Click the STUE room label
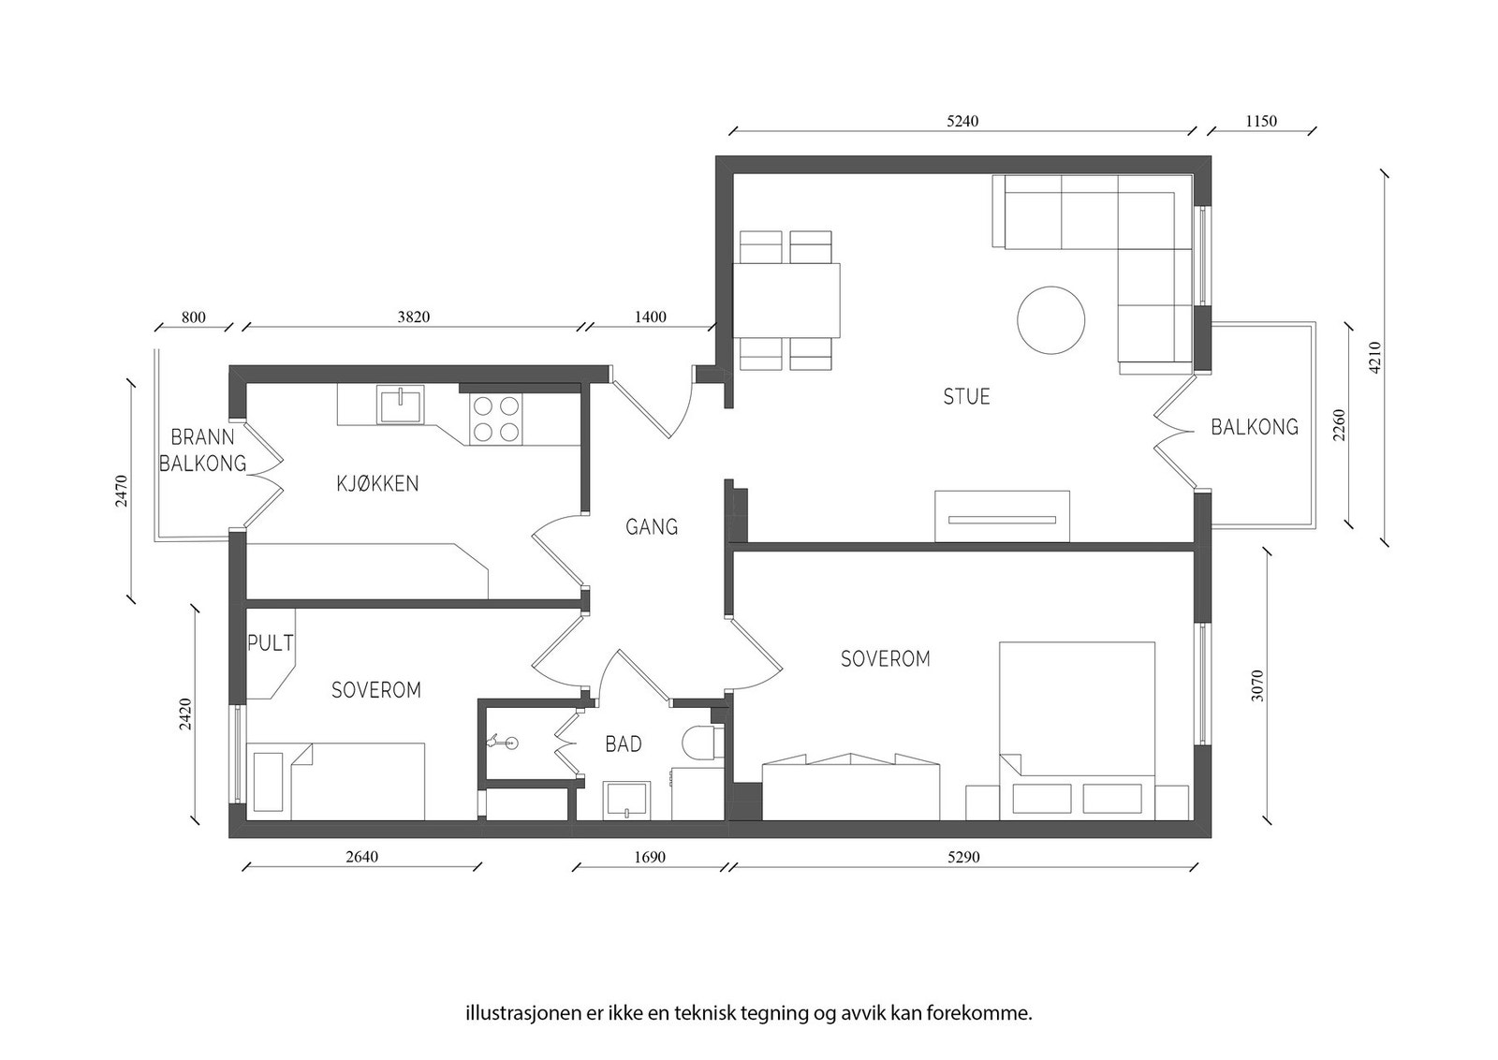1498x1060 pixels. pos(966,397)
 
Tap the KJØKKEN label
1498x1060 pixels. pos(377,483)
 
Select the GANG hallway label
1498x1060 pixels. pos(652,527)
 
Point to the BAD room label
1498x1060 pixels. pos(624,743)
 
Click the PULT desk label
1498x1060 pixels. pos(271,642)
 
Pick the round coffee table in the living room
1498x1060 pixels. pos(1050,320)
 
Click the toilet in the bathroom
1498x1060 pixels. pos(703,743)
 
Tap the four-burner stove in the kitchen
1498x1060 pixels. pos(496,420)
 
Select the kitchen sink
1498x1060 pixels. pos(399,405)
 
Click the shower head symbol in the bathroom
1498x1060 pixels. pos(502,741)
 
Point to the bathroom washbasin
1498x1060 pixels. pos(626,799)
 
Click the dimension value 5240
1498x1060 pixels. pos(962,121)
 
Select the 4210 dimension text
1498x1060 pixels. pos(1375,357)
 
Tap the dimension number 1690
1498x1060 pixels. pos(650,857)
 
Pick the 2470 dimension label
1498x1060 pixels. pos(121,491)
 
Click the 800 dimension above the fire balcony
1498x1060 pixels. pos(193,317)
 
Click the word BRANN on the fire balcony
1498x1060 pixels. pos(202,437)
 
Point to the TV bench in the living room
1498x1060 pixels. pos(1002,516)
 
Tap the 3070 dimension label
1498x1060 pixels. pos(1257,685)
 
